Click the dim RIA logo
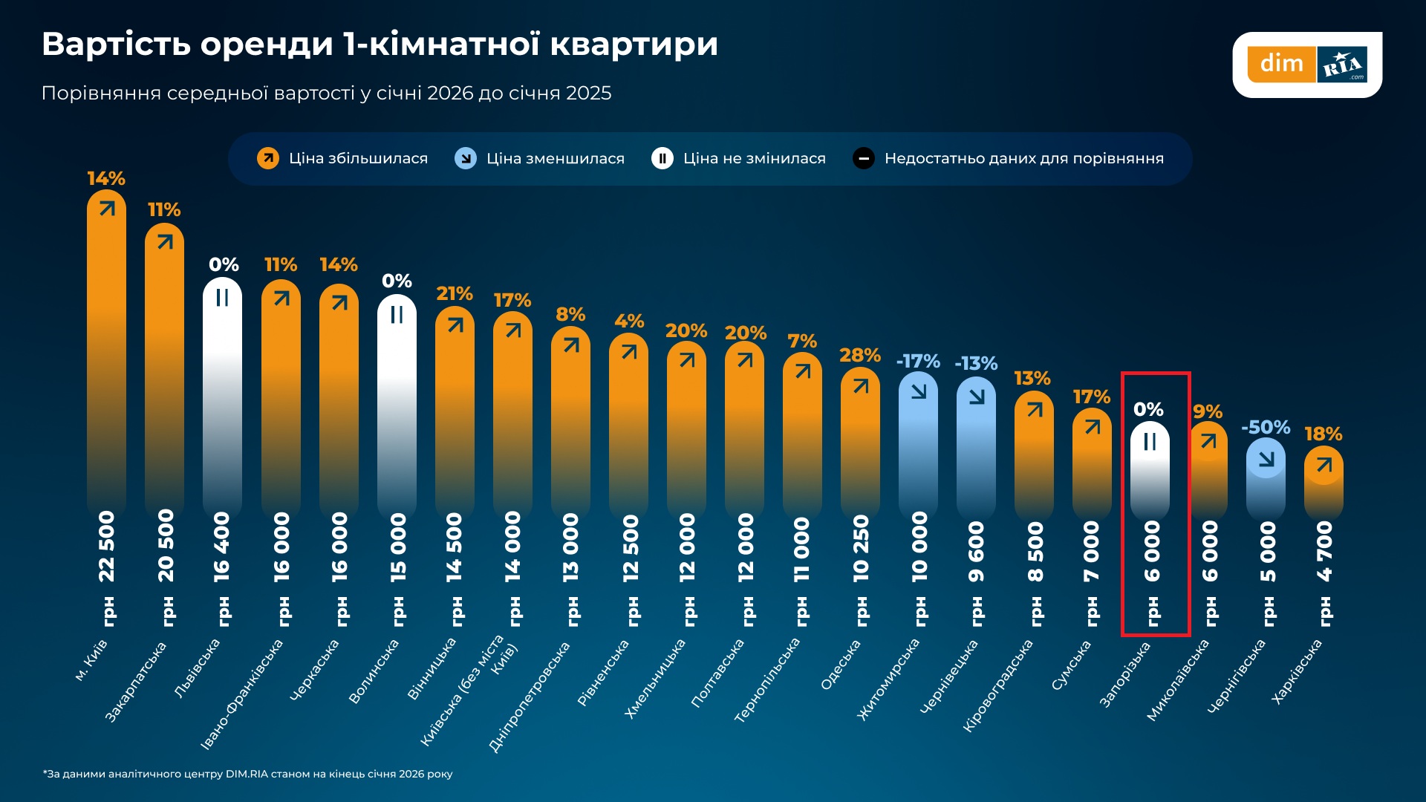pyautogui.click(x=1307, y=64)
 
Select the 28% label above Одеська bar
pyautogui.click(x=860, y=356)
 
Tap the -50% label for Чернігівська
pyautogui.click(x=1266, y=428)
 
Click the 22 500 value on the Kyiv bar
pyautogui.click(x=107, y=546)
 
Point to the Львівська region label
pyautogui.click(x=198, y=668)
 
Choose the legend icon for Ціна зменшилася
pyautogui.click(x=466, y=158)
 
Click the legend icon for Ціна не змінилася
pyautogui.click(x=662, y=158)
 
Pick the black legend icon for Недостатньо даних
pyautogui.click(x=864, y=158)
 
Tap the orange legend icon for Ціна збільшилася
pyautogui.click(x=268, y=158)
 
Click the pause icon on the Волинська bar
pyautogui.click(x=397, y=315)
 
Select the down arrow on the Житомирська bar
pyautogui.click(x=919, y=391)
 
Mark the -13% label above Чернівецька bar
pyautogui.click(x=976, y=364)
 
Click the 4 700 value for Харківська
pyautogui.click(x=1324, y=550)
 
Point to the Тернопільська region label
pyautogui.click(x=767, y=679)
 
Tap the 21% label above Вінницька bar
pyautogui.click(x=455, y=294)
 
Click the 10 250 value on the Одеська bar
pyautogui.click(x=861, y=547)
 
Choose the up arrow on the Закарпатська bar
pyautogui.click(x=165, y=242)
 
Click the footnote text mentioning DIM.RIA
pyautogui.click(x=247, y=774)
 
